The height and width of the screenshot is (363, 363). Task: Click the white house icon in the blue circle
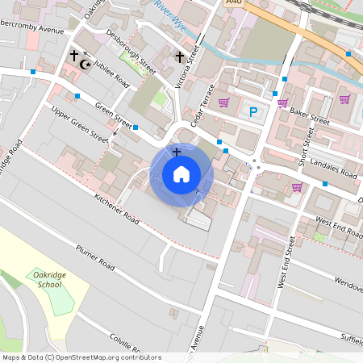pos(181,173)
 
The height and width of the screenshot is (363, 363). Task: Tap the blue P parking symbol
pos(253,112)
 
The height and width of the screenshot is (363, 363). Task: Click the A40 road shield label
pos(235,3)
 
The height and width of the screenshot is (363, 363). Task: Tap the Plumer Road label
pos(97,256)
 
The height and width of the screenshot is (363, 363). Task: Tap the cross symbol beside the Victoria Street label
pos(180,56)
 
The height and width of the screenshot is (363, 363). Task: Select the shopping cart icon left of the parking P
pos(223,102)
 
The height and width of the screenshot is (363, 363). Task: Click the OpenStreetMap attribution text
pos(81,357)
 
